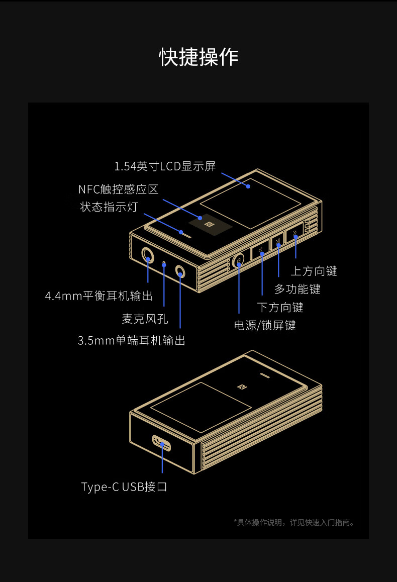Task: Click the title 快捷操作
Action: point(198,57)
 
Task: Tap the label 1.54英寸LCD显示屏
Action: point(165,166)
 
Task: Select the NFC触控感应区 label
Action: point(118,189)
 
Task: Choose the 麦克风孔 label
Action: point(145,319)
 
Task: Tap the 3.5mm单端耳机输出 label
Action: point(131,341)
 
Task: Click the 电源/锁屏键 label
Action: point(265,325)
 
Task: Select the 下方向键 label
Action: point(280,307)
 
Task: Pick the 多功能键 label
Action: point(297,289)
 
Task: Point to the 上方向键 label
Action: point(314,271)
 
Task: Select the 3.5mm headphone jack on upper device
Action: point(180,271)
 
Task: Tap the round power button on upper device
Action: point(239,260)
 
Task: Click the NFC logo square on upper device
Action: point(207,224)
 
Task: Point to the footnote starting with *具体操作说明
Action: point(295,523)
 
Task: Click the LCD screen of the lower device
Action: point(201,407)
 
